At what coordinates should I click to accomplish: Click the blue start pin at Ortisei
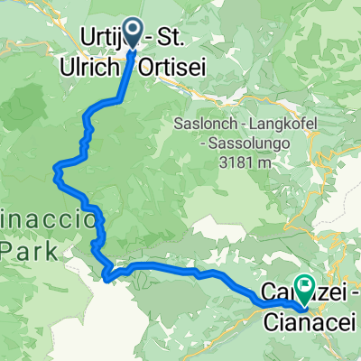click(x=132, y=32)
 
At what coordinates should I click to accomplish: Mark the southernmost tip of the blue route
click(x=108, y=280)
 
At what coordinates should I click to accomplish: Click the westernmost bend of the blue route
click(x=56, y=166)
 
